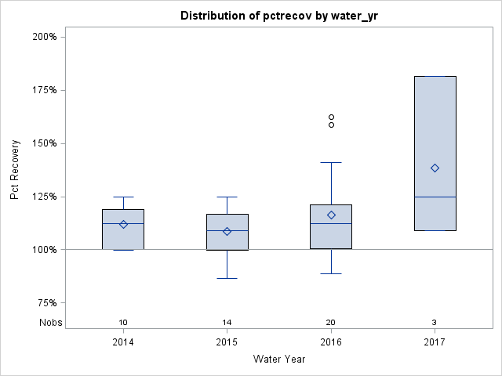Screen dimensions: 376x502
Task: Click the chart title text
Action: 280,16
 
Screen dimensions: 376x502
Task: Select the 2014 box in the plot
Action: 123,230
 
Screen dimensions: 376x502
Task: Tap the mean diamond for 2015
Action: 227,231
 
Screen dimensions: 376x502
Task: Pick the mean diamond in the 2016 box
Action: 331,215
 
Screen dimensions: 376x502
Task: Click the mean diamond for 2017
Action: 435,168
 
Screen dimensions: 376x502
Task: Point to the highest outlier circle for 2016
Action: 331,117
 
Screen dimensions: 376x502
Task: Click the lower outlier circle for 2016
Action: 331,125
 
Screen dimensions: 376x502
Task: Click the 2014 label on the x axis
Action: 123,342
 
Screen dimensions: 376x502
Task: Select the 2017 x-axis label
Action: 435,342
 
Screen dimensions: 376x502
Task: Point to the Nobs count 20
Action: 331,323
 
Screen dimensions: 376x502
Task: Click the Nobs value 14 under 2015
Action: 227,323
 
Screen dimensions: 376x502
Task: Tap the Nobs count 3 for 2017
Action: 435,323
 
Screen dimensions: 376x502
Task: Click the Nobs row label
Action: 50,323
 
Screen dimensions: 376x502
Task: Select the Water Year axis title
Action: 279,360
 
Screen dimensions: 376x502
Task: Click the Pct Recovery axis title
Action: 15,170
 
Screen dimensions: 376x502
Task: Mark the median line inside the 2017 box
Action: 435,197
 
